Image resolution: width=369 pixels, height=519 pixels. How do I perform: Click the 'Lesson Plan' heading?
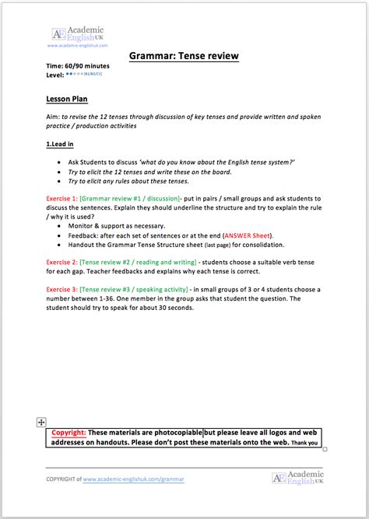[68, 99]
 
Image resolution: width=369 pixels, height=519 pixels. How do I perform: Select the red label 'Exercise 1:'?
[61, 199]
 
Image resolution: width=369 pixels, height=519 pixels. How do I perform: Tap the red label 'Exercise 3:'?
[61, 288]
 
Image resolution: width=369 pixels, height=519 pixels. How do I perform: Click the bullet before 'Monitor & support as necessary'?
[61, 225]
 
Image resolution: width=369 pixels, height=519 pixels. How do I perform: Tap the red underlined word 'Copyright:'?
[69, 433]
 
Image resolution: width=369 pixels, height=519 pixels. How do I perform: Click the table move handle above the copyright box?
[40, 421]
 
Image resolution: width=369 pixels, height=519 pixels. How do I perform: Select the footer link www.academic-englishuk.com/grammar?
[133, 479]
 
